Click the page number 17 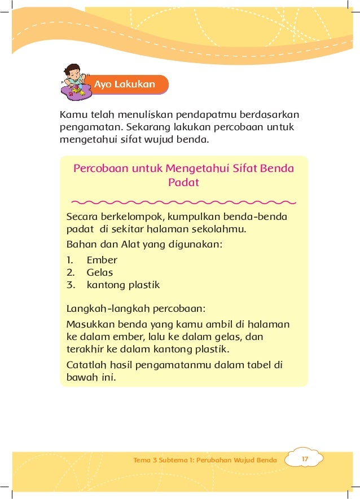point(305,460)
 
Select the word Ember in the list point(102,260)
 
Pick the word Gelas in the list point(100,272)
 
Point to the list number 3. point(71,285)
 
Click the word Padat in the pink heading point(183,183)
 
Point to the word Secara point(82,218)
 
